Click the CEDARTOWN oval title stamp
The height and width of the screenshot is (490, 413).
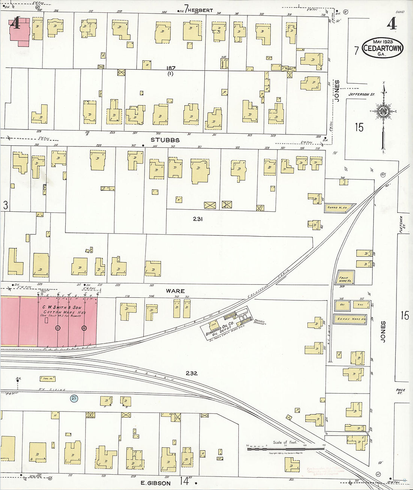coord(383,48)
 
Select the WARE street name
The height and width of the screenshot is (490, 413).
coord(175,291)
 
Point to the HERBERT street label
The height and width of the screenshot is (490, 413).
coord(200,10)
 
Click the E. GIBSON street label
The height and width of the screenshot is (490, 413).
coord(155,483)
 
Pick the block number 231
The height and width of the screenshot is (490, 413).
coord(198,219)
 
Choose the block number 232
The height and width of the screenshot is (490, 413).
coord(191,373)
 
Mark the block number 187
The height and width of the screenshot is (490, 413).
coord(171,68)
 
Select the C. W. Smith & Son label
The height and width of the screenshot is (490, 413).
coord(62,308)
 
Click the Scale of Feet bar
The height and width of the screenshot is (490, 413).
coord(285,449)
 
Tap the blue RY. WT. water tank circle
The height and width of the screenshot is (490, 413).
coord(74,398)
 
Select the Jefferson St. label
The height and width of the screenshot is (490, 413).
coord(361,95)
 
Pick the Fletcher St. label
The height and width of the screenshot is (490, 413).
coord(401,224)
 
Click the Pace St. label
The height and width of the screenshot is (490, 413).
coord(400,391)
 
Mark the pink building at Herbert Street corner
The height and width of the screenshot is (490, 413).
coord(19,32)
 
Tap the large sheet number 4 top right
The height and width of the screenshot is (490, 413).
coord(392,24)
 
